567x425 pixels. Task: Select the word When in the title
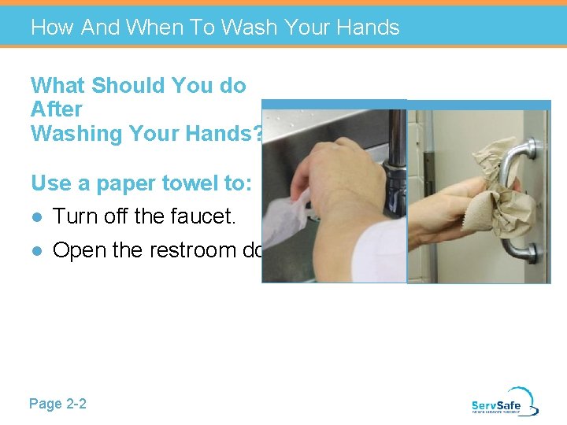pos(156,28)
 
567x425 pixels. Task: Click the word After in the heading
pos(57,109)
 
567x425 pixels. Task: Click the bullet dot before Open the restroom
pos(36,251)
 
